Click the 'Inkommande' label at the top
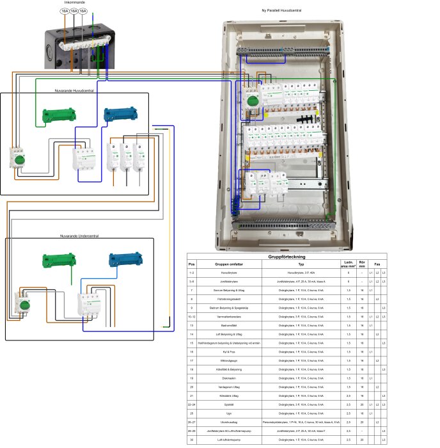pos(74,3)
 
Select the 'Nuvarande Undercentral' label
pos(79,236)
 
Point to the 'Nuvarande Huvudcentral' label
pos(75,90)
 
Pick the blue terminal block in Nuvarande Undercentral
pos(124,259)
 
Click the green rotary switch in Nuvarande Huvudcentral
pos(19,159)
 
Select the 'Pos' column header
pos(191,264)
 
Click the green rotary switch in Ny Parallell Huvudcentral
pos(252,101)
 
